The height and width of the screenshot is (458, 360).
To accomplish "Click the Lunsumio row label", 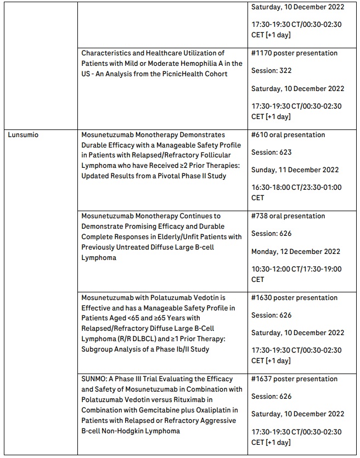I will pos(23,135).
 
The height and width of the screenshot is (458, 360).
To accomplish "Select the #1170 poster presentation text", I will pos(294,53).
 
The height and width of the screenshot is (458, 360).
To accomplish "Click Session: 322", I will pos(272,71).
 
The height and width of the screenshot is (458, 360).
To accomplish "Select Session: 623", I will pos(272,152).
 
